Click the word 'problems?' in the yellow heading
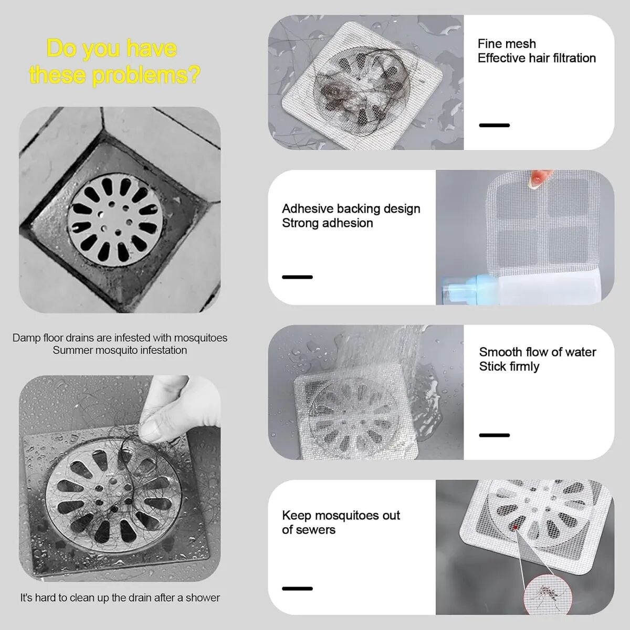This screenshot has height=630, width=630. coord(146,75)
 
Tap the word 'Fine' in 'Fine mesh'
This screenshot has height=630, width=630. coord(490,44)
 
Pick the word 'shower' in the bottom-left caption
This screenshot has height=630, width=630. coord(203,598)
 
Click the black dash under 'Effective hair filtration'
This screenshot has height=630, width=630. coord(495,125)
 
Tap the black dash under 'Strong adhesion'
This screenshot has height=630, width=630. coord(297,277)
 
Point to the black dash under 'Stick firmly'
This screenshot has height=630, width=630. coord(495,435)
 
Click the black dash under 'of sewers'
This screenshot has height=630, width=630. coord(297,589)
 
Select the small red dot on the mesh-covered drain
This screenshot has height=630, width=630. coord(516,527)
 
